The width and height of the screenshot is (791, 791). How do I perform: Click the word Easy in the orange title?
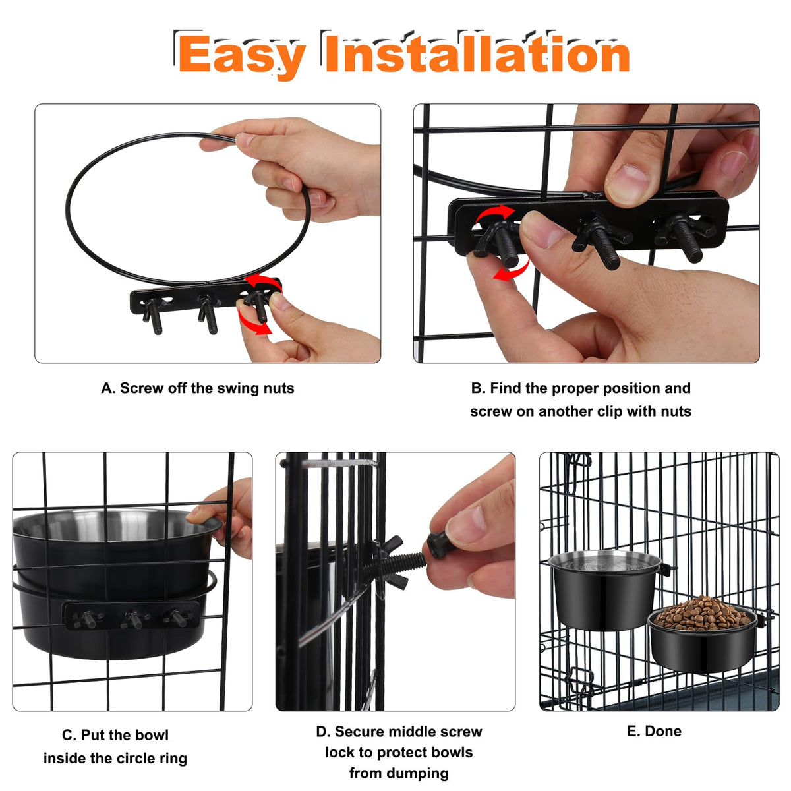[242, 55]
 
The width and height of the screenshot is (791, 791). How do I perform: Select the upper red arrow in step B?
[494, 214]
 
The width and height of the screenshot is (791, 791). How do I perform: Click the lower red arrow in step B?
[512, 270]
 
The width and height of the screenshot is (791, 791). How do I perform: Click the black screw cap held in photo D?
[440, 544]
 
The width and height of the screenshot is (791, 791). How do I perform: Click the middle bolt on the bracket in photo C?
[133, 620]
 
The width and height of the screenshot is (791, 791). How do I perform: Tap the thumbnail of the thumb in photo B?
[628, 183]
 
